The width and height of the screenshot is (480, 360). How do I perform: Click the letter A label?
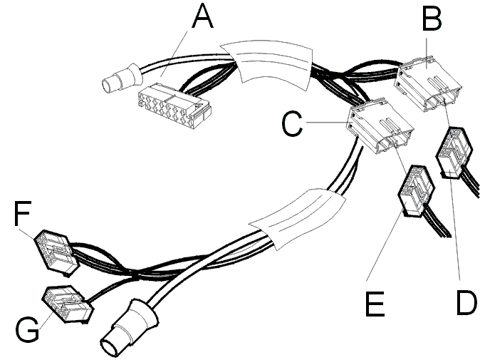click(203, 16)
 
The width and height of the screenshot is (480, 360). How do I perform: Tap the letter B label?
click(432, 19)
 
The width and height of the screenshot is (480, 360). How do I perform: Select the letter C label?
click(292, 123)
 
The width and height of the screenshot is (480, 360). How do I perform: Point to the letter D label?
click(467, 303)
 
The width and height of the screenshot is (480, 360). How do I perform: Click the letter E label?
click(375, 304)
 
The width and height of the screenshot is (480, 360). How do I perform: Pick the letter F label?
click(22, 213)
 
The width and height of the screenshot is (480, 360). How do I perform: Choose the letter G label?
click(27, 329)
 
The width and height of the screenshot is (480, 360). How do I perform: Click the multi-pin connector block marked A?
click(174, 108)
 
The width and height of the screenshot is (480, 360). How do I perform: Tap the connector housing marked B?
click(427, 83)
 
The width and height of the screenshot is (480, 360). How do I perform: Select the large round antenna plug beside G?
click(129, 329)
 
